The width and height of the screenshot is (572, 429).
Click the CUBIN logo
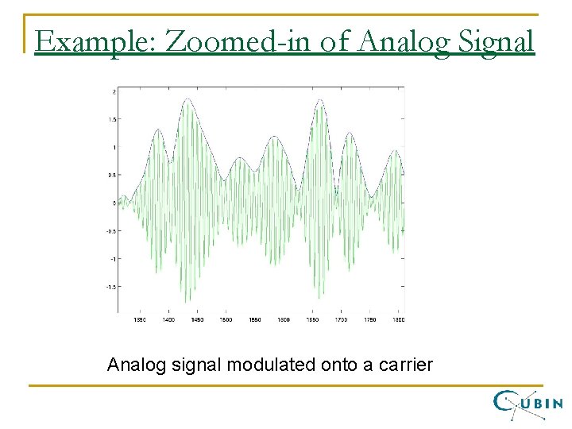(x=528, y=403)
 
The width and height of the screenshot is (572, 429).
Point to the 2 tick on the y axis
(x=114, y=91)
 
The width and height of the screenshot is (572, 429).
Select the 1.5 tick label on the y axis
(x=112, y=119)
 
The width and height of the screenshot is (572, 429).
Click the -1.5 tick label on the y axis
(x=110, y=287)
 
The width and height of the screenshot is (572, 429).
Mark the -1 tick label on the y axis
(x=112, y=259)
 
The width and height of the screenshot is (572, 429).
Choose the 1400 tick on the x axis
(x=168, y=319)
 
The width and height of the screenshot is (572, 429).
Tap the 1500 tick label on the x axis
(x=226, y=319)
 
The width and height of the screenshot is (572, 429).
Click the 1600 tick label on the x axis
(x=284, y=319)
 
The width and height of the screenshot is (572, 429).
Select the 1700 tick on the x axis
(x=341, y=319)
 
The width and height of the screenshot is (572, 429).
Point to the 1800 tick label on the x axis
(x=398, y=319)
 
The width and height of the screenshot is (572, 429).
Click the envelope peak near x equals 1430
(x=187, y=99)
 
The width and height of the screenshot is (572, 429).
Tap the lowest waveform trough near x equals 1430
(x=187, y=303)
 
